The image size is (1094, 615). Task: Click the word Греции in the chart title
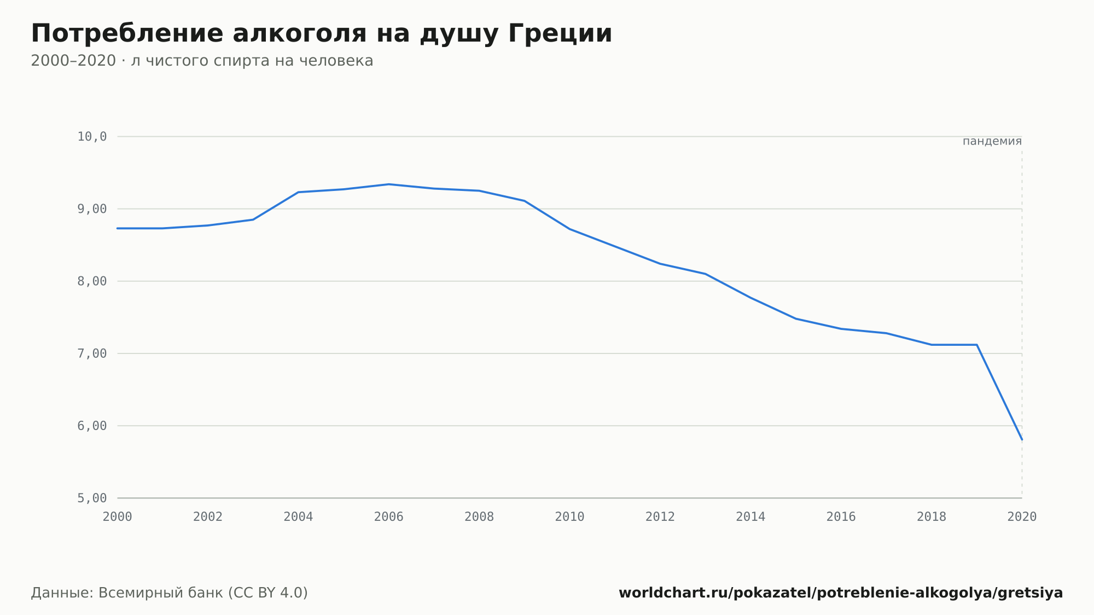[x=560, y=34]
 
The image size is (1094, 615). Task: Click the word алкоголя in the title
[x=299, y=34]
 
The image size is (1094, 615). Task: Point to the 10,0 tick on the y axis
[x=92, y=137]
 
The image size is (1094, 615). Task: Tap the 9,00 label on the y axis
[x=92, y=209]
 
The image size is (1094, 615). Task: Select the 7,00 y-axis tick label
[x=92, y=353]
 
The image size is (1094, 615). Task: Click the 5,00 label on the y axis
[x=92, y=498]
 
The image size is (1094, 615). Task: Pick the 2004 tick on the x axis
[x=298, y=517]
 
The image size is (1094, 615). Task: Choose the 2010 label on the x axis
[x=570, y=517]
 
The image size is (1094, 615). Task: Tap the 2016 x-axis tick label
[x=841, y=517]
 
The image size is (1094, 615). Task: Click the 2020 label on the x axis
[x=1022, y=517]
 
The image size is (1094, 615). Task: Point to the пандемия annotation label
[x=992, y=141]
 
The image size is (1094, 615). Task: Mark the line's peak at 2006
[x=389, y=184]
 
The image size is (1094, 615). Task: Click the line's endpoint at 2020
[x=1022, y=439]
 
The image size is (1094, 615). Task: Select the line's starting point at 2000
[x=118, y=228]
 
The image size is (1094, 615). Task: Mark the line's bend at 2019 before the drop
[x=977, y=345]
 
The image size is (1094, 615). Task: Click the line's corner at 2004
[x=298, y=192]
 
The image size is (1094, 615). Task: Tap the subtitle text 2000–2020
[x=73, y=61]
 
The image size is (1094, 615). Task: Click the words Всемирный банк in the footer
[x=161, y=593]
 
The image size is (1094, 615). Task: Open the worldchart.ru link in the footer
[x=841, y=593]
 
